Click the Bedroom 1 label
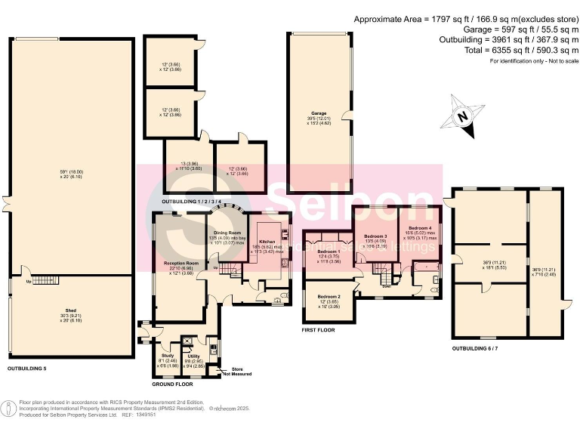pos(329,251)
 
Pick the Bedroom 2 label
pos(329,296)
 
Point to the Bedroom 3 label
pos(375,236)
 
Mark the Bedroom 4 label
pos(421,227)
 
